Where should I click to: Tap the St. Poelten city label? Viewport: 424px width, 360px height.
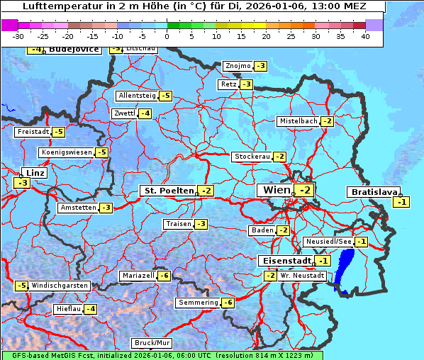click(x=168, y=191)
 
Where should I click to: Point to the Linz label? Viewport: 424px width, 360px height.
click(x=34, y=173)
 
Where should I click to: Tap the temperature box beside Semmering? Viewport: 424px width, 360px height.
click(x=228, y=303)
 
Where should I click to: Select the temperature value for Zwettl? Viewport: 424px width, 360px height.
click(x=145, y=113)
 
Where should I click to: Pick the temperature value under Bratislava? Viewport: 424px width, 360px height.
click(x=402, y=202)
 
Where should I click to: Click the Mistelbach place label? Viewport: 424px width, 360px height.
click(x=298, y=121)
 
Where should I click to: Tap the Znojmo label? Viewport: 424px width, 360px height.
click(x=238, y=66)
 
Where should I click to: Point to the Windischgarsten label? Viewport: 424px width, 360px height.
click(x=60, y=286)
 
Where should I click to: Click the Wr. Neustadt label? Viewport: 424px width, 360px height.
click(x=302, y=275)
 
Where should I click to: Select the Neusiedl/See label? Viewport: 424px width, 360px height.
click(x=328, y=242)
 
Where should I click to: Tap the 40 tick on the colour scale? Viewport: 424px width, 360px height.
click(x=364, y=36)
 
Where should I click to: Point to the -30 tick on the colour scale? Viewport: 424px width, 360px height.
click(x=18, y=36)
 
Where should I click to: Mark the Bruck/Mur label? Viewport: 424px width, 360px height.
click(x=152, y=343)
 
